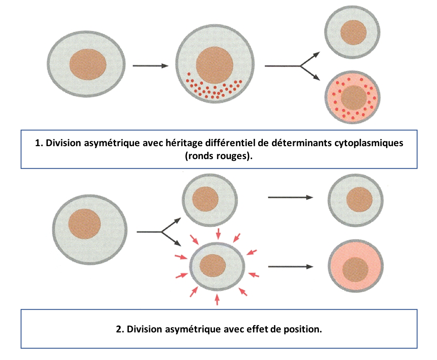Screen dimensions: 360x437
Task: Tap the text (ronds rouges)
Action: tap(219, 156)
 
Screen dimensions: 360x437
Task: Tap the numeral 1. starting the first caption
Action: tap(38, 143)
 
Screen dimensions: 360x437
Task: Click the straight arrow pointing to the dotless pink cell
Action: tap(290, 266)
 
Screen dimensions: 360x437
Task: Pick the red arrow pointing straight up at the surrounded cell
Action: tap(217, 299)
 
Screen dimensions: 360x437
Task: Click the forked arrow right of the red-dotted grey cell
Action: tap(297, 66)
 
